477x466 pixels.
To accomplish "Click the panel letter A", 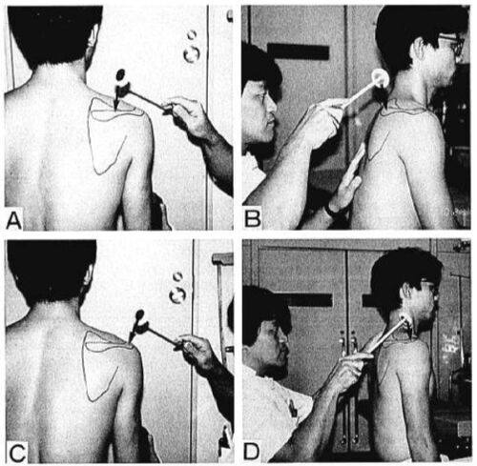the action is [x=14, y=220].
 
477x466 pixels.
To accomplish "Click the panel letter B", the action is [x=253, y=218].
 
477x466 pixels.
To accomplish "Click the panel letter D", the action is [x=251, y=452].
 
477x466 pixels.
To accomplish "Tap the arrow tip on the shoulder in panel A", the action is [x=115, y=110].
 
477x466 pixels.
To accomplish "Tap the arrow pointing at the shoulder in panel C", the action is [x=131, y=335].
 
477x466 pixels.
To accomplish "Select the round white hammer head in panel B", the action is [x=381, y=77].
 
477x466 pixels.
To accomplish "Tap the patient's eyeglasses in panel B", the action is [x=453, y=45].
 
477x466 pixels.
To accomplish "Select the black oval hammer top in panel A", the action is [x=121, y=74].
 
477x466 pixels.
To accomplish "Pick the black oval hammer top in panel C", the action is [x=140, y=315].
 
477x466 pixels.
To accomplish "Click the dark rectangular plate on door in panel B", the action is [x=299, y=52].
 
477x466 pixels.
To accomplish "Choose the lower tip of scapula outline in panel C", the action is [x=91, y=400].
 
